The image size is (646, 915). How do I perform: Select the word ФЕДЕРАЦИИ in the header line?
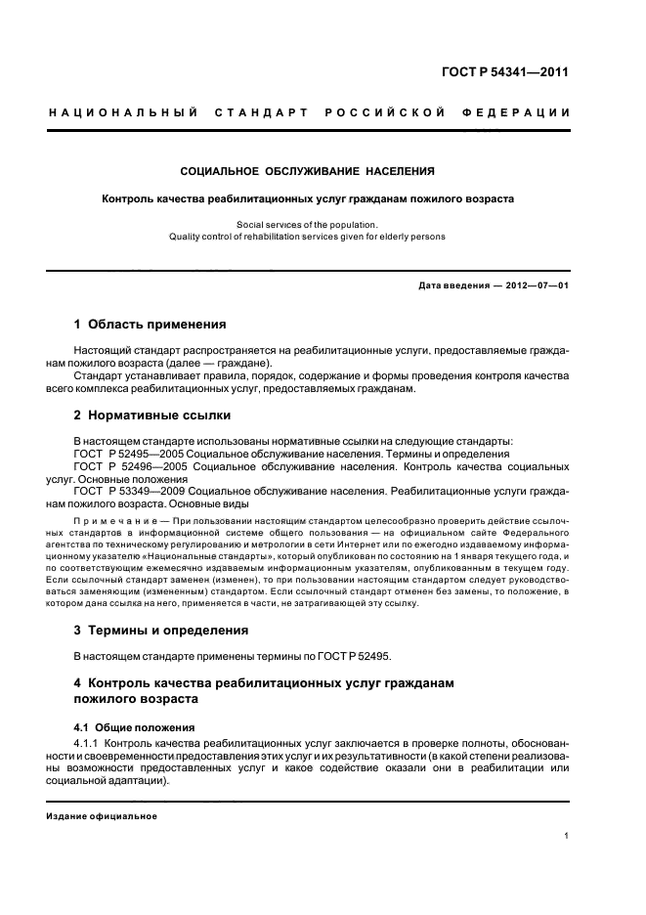click(528, 112)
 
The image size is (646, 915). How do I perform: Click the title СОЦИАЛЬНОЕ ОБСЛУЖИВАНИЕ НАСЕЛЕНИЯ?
click(308, 172)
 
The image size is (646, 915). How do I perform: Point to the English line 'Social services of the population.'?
click(307, 224)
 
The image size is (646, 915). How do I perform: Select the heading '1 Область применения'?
click(151, 324)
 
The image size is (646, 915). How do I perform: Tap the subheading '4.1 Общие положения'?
click(134, 728)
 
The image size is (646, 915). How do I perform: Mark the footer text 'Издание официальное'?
click(102, 815)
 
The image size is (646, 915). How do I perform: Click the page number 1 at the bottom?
click(567, 836)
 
